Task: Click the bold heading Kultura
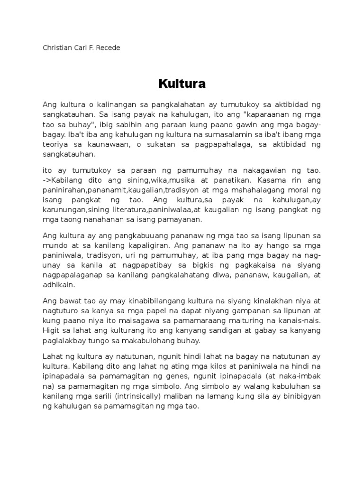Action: click(182, 84)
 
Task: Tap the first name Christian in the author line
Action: click(57, 48)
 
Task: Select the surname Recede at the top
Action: click(109, 48)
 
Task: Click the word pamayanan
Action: click(181, 219)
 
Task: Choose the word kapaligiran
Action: click(148, 245)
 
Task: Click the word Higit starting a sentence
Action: click(51, 330)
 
